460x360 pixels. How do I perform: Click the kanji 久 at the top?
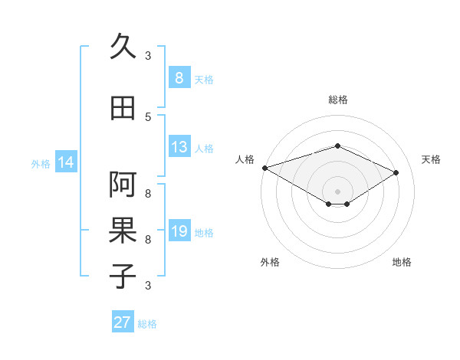click(x=123, y=47)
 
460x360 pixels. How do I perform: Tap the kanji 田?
click(x=123, y=109)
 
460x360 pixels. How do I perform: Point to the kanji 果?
click(x=123, y=230)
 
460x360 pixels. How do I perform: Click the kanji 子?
click(x=123, y=276)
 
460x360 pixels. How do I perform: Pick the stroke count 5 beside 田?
click(x=148, y=116)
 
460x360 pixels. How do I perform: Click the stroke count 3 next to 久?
click(x=148, y=55)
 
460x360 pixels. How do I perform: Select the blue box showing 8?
click(x=179, y=78)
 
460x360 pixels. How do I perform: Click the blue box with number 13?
click(x=179, y=147)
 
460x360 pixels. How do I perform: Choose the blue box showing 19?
click(x=179, y=231)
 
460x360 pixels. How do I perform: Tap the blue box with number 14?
click(x=66, y=162)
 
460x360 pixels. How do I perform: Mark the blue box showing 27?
click(x=123, y=322)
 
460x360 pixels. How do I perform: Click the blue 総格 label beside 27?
click(x=147, y=324)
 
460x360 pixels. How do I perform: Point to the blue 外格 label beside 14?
click(x=41, y=163)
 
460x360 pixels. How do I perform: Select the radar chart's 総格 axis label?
click(x=337, y=100)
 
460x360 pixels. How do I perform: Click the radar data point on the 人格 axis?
click(x=264, y=167)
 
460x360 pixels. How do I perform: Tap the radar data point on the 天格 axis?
click(x=396, y=172)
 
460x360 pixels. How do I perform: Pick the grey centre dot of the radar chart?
click(x=337, y=191)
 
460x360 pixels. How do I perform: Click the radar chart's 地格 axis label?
click(x=402, y=262)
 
